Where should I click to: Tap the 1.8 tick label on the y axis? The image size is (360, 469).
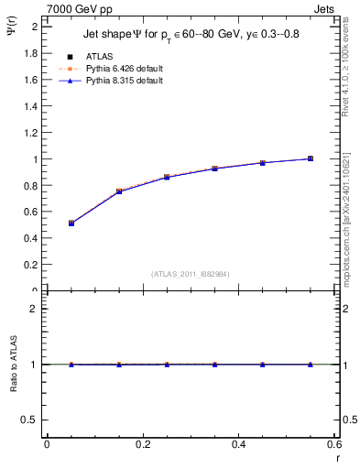31,53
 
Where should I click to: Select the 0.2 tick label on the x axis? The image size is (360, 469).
142,444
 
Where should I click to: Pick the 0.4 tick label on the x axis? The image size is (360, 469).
238,444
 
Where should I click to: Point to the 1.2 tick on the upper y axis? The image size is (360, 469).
31,133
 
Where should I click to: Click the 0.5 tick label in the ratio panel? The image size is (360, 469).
29,420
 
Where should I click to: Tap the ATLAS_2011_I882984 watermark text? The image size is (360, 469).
191,273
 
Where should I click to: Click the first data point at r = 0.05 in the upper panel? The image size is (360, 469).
71,223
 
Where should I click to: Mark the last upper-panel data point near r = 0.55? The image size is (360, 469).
311,158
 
